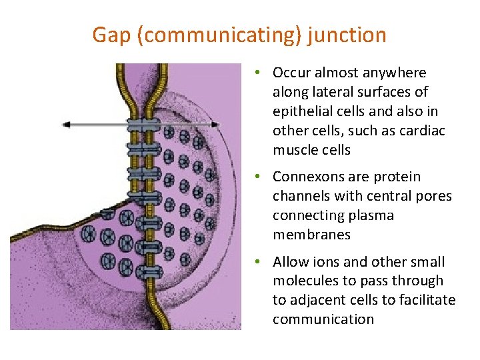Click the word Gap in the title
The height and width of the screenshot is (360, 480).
coord(111,35)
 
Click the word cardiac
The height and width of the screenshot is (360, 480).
coord(421,131)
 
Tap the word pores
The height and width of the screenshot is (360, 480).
coord(434,196)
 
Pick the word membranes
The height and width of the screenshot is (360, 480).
coord(311,235)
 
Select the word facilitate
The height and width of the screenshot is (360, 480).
coord(428,301)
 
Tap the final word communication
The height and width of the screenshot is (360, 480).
coord(323,320)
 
